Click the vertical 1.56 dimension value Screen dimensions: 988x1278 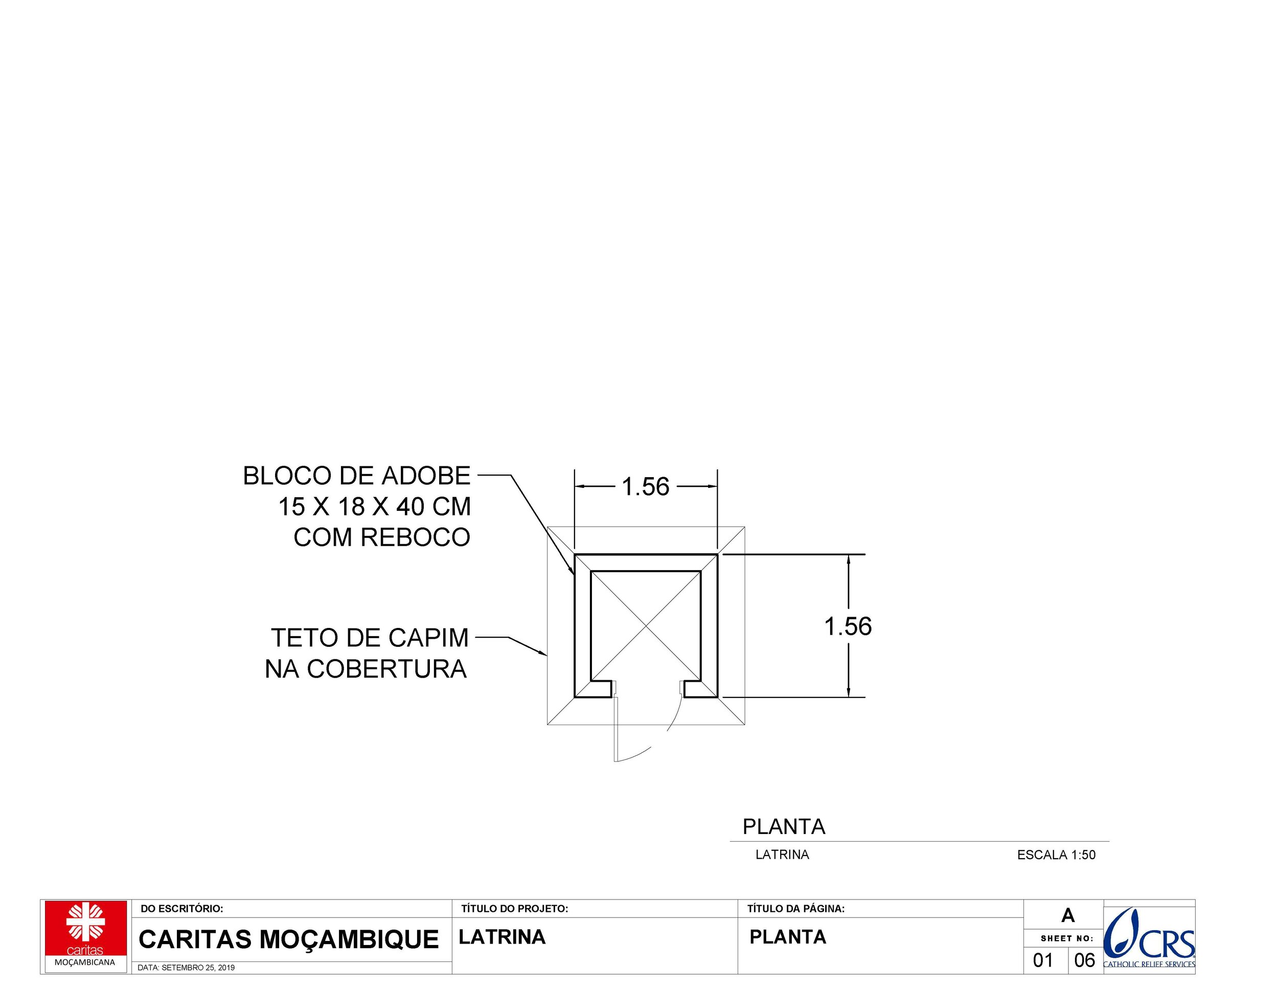click(848, 626)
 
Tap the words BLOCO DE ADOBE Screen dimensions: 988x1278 click(356, 476)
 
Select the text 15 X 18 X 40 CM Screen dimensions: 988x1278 click(374, 507)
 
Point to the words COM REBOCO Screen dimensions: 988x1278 click(381, 537)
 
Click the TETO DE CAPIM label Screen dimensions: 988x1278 click(369, 638)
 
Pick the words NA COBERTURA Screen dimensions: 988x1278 click(366, 669)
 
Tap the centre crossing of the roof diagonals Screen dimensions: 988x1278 click(646, 626)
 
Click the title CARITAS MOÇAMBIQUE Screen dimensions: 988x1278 click(288, 939)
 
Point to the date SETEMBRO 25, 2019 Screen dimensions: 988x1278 click(186, 968)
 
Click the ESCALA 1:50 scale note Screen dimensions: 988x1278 click(1056, 855)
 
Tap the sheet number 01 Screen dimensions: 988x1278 click(1043, 960)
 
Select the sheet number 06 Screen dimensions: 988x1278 click(1084, 960)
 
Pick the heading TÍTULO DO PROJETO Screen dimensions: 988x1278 click(514, 909)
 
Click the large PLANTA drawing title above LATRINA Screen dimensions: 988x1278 click(784, 826)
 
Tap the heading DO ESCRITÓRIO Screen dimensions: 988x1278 click(181, 909)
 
